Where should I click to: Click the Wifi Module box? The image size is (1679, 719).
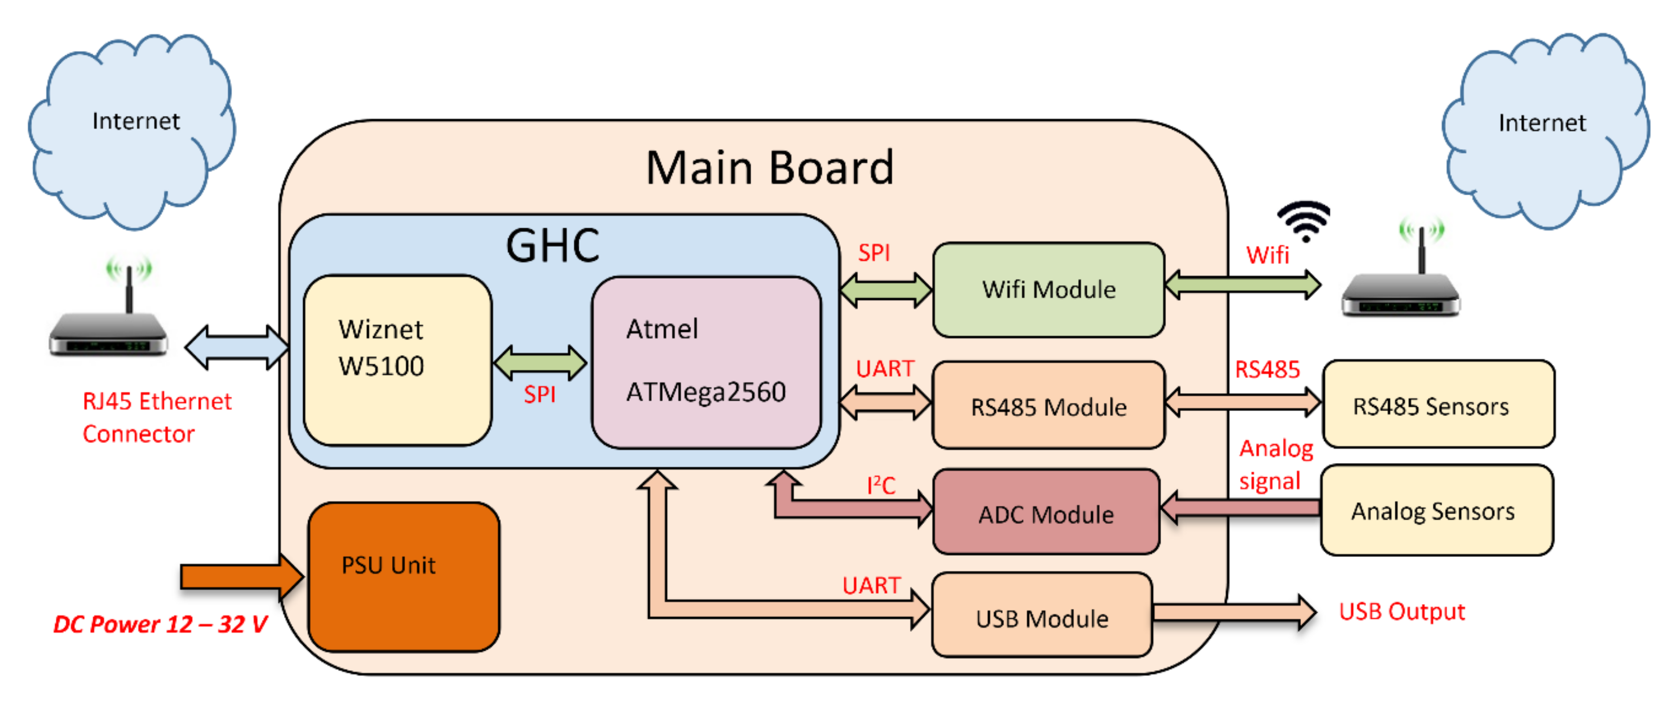[x=1048, y=290]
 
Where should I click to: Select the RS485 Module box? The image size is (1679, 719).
[x=1048, y=406]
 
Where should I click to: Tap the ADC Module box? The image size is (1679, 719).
[x=1046, y=513]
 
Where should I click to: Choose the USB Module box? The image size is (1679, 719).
[x=1042, y=617]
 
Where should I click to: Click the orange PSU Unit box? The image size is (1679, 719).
[x=403, y=576]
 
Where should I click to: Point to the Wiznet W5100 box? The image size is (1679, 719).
[x=398, y=361]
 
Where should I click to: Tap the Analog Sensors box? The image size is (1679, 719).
[x=1437, y=510]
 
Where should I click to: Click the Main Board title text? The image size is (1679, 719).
[x=769, y=168]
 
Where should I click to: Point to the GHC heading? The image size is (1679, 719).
[x=552, y=246]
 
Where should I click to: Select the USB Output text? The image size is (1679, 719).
[x=1401, y=612]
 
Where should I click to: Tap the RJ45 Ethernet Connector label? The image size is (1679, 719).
[x=156, y=417]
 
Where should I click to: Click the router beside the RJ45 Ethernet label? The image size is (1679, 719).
[x=108, y=323]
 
